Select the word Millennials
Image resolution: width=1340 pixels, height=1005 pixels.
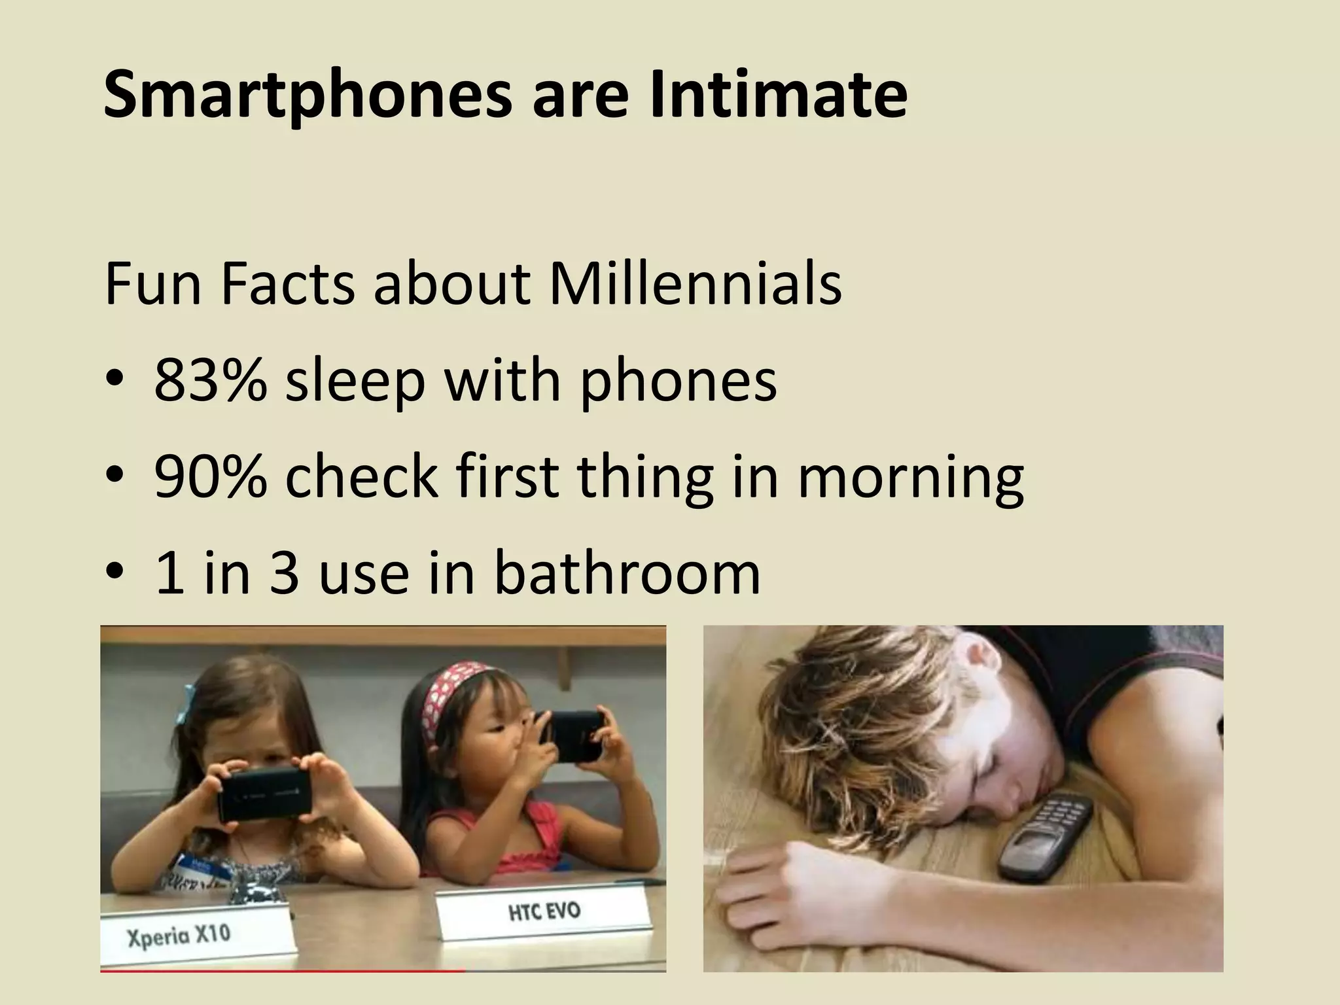[695, 285]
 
